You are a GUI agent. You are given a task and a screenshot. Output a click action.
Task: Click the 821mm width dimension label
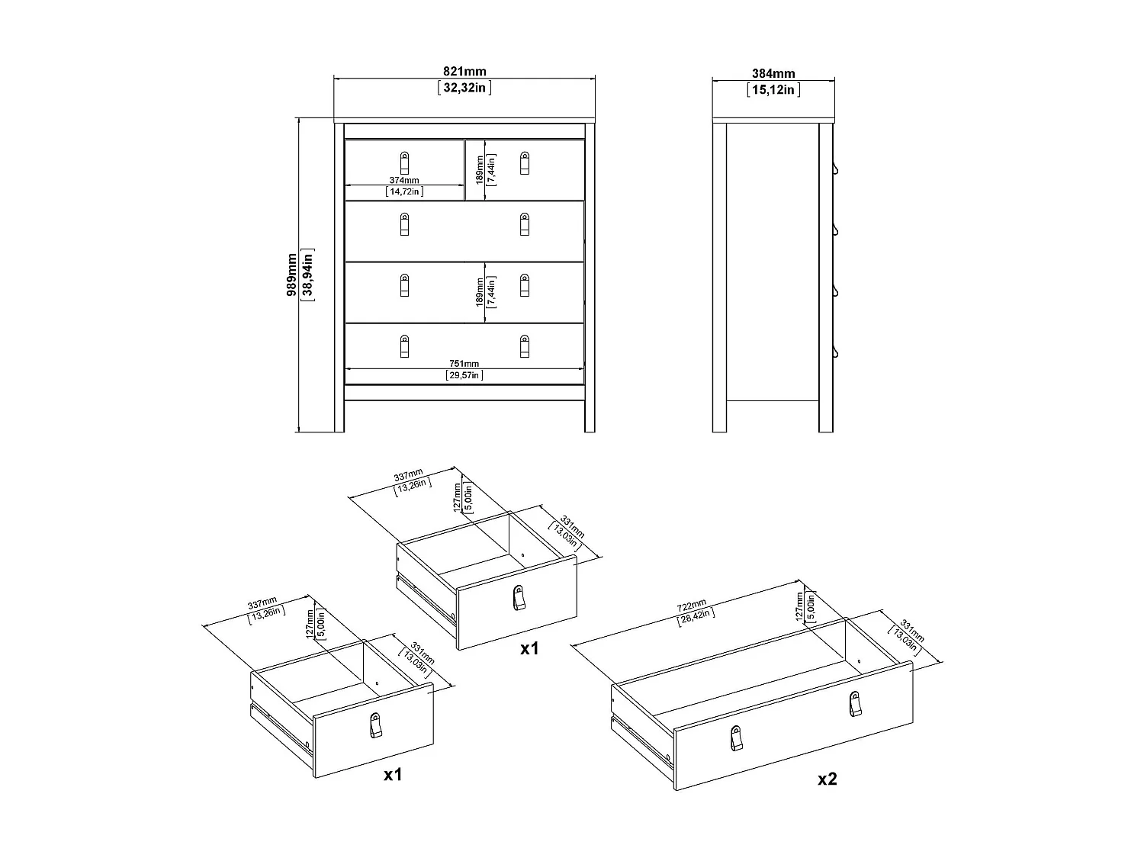(464, 72)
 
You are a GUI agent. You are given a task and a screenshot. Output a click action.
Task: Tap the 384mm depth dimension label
(773, 74)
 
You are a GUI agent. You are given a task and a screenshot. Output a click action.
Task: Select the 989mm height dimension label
(292, 275)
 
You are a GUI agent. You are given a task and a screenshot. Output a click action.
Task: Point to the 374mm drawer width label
(404, 180)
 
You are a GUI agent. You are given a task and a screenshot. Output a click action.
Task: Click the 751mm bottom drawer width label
(464, 364)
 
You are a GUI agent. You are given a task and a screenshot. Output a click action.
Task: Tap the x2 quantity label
(827, 779)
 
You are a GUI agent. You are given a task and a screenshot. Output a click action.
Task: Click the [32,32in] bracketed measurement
(464, 88)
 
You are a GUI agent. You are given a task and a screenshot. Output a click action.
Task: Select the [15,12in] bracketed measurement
(773, 89)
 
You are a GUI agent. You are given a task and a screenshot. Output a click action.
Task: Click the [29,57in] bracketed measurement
(464, 375)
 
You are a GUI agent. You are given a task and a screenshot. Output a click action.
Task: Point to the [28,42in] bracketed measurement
(696, 616)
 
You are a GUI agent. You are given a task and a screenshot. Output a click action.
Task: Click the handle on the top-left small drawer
(404, 162)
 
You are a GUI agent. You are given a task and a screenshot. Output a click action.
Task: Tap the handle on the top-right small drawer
(525, 162)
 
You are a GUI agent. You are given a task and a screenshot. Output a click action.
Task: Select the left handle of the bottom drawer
(404, 346)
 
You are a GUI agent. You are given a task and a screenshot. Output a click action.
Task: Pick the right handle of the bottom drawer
(525, 346)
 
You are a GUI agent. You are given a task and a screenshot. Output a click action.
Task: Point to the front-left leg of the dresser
(339, 412)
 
